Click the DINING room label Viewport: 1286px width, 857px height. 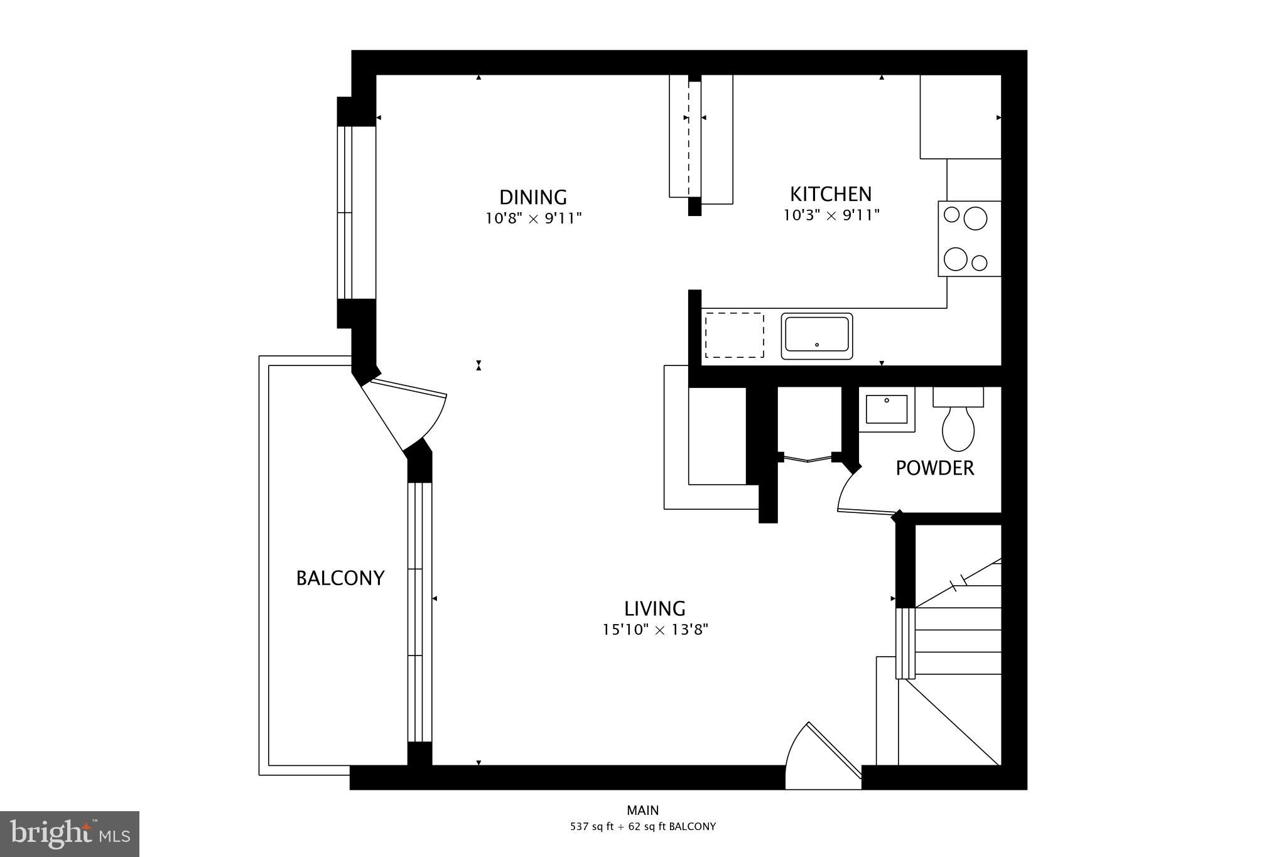[x=532, y=197]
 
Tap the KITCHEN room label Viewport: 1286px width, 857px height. [x=830, y=194]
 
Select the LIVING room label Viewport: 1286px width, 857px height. [x=654, y=608]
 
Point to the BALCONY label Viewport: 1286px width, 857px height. [x=340, y=578]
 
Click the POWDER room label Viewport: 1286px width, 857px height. [x=934, y=468]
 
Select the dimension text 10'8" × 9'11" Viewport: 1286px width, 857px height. [x=533, y=219]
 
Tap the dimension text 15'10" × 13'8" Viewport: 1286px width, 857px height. [x=655, y=630]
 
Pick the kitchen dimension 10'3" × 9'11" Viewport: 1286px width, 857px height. [x=830, y=215]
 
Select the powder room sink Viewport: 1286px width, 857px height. [x=887, y=409]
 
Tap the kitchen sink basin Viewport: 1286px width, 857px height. [x=816, y=335]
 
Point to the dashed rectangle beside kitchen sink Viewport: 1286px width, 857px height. [x=734, y=335]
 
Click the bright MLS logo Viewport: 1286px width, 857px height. [x=69, y=834]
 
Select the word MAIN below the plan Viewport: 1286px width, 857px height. [x=642, y=810]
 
